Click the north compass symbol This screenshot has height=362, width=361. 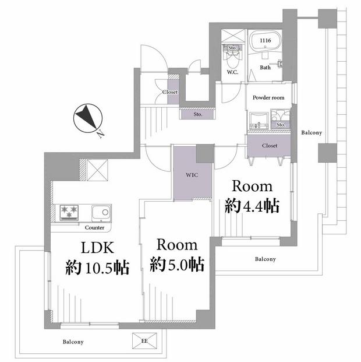click(88, 118)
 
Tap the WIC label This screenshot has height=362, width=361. click(192, 175)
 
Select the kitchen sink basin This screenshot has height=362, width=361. click(101, 213)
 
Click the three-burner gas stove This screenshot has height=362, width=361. click(69, 212)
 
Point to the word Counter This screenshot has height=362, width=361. click(94, 228)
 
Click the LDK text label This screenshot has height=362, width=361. click(97, 248)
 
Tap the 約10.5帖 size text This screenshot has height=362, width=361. click(97, 268)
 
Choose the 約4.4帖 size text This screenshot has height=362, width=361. click(252, 206)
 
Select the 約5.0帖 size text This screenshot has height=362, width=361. click(177, 264)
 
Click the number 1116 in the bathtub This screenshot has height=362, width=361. click(266, 41)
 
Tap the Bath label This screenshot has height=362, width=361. click(266, 68)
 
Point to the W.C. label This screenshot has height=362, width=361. click(232, 72)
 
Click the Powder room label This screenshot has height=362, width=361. click(268, 98)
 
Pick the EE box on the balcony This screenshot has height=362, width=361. click(144, 341)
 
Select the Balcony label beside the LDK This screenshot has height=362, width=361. click(73, 342)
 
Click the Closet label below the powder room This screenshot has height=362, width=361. click(270, 146)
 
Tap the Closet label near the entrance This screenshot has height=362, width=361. click(170, 92)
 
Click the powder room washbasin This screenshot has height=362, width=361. click(259, 121)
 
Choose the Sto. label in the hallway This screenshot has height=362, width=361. click(198, 114)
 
